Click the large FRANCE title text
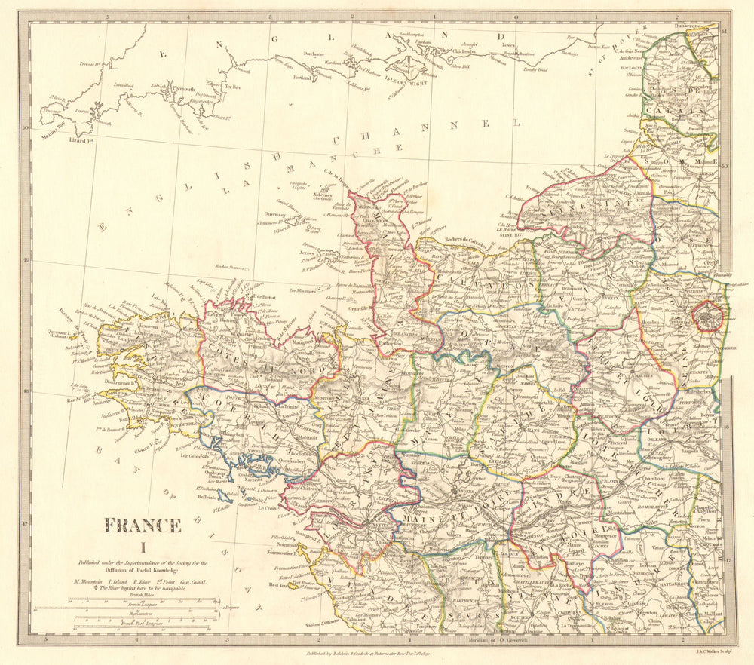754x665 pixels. [x=142, y=525]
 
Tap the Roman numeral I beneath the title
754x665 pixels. [x=141, y=548]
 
